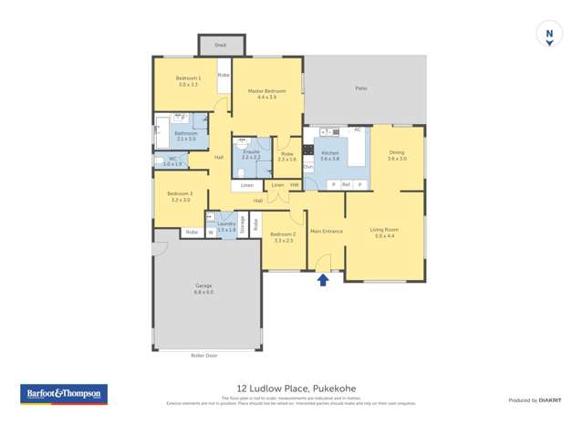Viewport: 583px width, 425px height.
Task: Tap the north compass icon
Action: pos(548,36)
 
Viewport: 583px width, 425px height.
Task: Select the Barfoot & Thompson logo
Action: pos(64,394)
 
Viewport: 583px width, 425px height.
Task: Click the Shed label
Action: pos(220,45)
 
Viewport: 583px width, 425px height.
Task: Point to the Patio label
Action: pos(360,88)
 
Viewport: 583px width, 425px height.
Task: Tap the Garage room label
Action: pos(203,288)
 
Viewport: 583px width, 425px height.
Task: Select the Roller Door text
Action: pos(204,355)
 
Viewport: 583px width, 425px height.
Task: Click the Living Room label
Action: pos(384,232)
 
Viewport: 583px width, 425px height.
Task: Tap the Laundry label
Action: pos(226,225)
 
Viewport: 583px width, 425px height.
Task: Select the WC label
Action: pos(172,161)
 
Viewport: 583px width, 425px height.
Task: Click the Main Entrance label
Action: pos(326,231)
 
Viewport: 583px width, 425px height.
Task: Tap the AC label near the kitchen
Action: pos(358,130)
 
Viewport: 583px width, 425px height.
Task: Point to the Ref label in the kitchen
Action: pos(347,184)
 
